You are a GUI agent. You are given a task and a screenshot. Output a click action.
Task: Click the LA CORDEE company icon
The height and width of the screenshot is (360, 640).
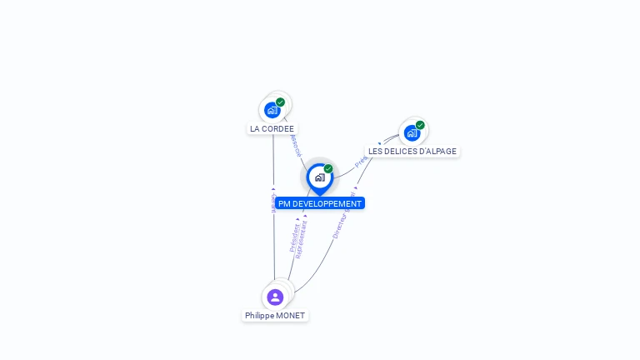pos(272,109)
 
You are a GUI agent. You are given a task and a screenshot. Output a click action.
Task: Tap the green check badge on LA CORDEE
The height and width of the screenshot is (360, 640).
pos(280,102)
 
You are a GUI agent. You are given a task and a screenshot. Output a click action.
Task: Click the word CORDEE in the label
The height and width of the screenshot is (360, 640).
pos(277,129)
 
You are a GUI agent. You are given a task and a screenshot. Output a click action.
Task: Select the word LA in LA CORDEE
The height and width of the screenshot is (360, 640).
pos(255,129)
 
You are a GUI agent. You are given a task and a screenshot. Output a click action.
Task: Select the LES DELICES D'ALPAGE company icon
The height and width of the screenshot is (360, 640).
pos(412,132)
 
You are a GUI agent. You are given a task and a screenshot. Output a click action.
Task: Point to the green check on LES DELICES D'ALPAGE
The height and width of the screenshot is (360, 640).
pos(420,125)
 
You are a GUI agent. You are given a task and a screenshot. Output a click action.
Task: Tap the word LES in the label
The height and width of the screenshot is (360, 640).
pos(376,152)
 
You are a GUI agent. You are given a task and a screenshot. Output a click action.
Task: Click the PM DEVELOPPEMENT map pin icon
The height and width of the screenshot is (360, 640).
pos(319,177)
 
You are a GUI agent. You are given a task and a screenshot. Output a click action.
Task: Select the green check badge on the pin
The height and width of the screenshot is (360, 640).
pos(328,169)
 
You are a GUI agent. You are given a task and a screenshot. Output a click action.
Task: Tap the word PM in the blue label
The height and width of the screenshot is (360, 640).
pos(284,203)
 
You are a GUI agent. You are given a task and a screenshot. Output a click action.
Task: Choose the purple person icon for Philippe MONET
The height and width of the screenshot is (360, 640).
pos(275,297)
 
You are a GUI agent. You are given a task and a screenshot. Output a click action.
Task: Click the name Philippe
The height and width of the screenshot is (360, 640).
pos(260,316)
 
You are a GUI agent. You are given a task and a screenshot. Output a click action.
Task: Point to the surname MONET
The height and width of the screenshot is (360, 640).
pos(291,316)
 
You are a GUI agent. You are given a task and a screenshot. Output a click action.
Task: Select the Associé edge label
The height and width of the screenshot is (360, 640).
pos(294,144)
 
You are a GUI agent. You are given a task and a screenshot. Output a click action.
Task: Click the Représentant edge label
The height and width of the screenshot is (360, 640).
pos(302,239)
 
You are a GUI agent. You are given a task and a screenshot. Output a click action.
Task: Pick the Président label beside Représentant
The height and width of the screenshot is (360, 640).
pos(294,237)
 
